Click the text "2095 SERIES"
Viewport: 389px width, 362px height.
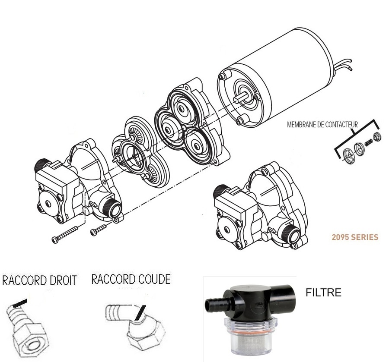pyautogui.click(x=355, y=237)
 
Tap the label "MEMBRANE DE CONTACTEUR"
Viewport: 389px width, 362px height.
pyautogui.click(x=322, y=125)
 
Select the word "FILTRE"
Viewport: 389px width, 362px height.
pyautogui.click(x=323, y=293)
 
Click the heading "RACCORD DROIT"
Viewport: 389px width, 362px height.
pyautogui.click(x=39, y=280)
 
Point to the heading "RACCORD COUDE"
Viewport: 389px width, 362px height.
pyautogui.click(x=131, y=279)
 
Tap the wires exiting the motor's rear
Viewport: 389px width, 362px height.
pyautogui.click(x=343, y=66)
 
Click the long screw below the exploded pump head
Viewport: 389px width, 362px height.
pyautogui.click(x=65, y=234)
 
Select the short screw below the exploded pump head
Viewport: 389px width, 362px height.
pyautogui.click(x=99, y=230)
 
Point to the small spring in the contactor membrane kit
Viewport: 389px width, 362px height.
pyautogui.click(x=369, y=142)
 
